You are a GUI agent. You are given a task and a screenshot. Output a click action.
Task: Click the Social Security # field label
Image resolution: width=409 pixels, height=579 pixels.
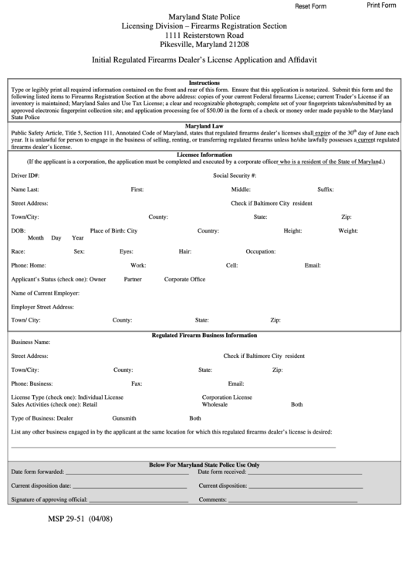coord(235,175)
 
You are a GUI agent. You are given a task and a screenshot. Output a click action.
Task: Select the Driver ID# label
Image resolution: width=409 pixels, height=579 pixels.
coord(25,175)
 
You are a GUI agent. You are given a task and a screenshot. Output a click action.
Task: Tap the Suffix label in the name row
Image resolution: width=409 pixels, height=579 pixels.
coord(325,189)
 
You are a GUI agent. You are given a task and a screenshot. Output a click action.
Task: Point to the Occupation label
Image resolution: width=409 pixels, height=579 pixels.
coord(261,251)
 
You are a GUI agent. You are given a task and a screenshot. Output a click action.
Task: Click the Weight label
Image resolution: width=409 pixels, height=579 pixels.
coord(347,230)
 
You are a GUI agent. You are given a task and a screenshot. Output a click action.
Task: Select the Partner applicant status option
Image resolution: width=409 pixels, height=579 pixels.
coord(132,278)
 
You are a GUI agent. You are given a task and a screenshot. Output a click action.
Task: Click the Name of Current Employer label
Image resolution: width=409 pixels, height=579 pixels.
coord(45,293)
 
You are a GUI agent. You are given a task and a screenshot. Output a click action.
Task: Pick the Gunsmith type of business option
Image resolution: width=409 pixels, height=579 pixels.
coord(124,417)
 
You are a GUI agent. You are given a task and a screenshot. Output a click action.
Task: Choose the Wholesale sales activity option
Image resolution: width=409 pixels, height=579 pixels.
coord(215,404)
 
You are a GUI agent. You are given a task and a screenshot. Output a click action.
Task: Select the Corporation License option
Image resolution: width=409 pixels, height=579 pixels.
coord(227,397)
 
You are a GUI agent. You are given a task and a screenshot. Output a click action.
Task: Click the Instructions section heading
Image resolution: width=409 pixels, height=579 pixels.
coord(204,82)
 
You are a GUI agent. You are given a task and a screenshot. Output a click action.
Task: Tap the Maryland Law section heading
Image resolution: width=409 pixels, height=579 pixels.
coord(204,125)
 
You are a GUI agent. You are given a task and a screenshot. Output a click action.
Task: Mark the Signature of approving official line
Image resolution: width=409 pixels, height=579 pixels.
coord(138,500)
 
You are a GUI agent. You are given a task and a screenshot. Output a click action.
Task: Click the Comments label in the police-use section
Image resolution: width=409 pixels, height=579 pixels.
coord(212,499)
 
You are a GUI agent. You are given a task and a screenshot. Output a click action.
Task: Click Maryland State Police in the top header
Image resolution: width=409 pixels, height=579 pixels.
coord(204,16)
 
